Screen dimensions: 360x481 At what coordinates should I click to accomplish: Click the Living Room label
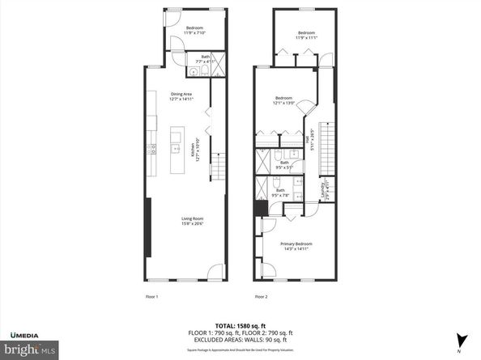191,221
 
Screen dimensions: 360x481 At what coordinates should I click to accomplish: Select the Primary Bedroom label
296,246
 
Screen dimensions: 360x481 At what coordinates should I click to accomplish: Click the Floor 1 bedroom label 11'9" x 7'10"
194,31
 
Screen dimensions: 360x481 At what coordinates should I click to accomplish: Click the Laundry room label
324,193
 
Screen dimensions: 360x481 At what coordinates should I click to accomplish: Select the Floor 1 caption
151,296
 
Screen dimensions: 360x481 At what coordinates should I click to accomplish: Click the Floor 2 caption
261,296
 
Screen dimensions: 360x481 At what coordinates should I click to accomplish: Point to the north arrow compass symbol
462,340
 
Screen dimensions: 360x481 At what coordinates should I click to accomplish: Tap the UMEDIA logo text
28,334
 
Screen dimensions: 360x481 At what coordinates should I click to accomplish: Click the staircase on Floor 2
327,145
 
